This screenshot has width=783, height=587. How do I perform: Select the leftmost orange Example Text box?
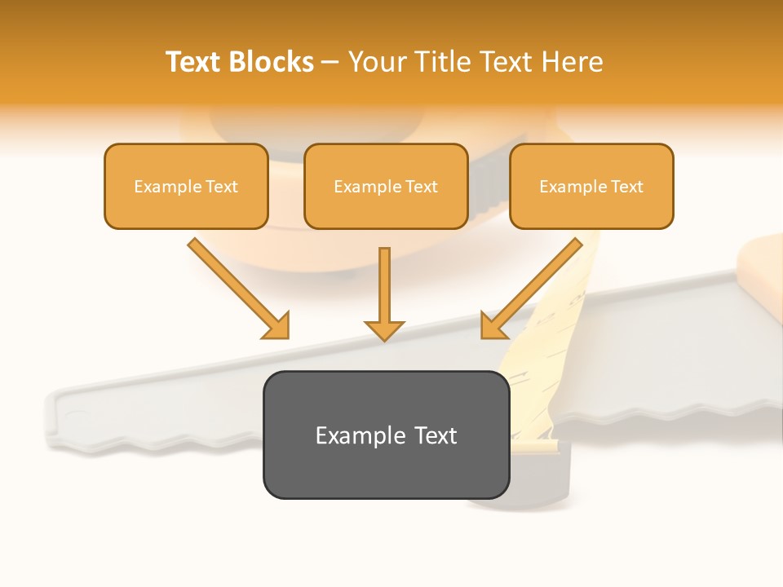click(186, 186)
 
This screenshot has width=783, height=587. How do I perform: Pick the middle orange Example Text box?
click(386, 186)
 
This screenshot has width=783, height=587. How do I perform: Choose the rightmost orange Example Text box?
click(591, 186)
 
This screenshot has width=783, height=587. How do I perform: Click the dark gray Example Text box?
click(386, 435)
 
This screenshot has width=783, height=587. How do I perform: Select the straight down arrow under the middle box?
click(384, 289)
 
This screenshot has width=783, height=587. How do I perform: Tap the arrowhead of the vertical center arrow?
click(384, 329)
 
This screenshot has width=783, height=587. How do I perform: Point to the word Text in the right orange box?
click(627, 187)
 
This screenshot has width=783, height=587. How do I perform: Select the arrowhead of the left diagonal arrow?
click(278, 327)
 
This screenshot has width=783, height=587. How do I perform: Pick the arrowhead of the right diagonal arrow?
click(493, 327)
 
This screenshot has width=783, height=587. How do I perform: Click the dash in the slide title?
click(330, 62)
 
